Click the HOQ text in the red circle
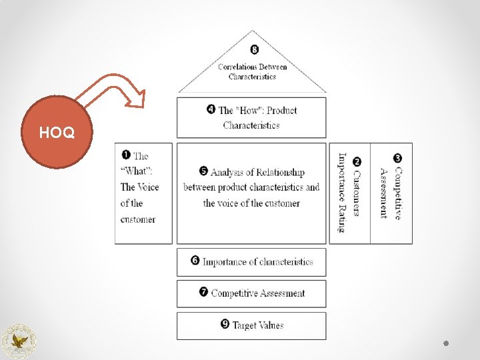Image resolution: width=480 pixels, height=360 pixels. coord(57,133)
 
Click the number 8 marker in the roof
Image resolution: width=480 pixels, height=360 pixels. coord(253,49)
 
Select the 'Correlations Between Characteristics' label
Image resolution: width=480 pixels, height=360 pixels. coord(252,71)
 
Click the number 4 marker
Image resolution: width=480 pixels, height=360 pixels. coord(211,109)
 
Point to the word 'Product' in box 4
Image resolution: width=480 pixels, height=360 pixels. coord(282,110)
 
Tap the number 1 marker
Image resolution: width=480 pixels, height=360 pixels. coord(125,155)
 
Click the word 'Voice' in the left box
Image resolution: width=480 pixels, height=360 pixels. coord(147,187)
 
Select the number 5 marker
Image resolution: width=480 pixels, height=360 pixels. coord(204,171)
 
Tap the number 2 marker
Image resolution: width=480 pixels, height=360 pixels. coord(357,161)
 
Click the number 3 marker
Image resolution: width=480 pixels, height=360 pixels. coord(398,158)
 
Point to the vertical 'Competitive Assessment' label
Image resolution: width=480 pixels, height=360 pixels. coord(391,193)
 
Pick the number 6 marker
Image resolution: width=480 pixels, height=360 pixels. coord(195,261)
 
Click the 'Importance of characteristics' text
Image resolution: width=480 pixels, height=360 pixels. coord(257,262)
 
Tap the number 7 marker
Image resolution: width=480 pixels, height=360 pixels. coord(203,292)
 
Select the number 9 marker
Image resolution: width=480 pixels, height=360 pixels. coord(225,324)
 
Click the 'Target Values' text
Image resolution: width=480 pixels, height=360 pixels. coord(258,325)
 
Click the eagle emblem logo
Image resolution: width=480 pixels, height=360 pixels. coord(19,341)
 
